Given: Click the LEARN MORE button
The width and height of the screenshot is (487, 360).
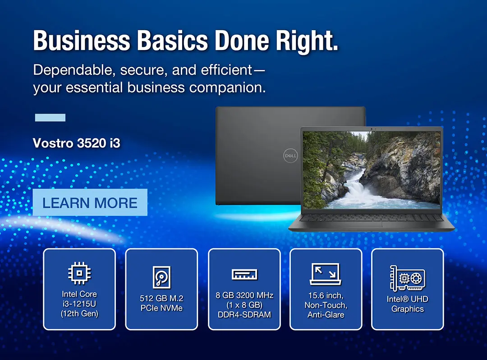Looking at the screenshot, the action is pyautogui.click(x=90, y=202).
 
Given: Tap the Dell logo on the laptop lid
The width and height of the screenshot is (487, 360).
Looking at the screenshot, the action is pyautogui.click(x=290, y=155).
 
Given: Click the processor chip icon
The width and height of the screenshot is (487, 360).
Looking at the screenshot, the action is pyautogui.click(x=79, y=273).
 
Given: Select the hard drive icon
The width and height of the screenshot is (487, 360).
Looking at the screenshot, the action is pyautogui.click(x=161, y=277).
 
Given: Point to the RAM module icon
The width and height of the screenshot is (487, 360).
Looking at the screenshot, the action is pyautogui.click(x=244, y=274).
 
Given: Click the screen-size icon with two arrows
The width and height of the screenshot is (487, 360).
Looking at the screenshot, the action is pyautogui.click(x=326, y=274).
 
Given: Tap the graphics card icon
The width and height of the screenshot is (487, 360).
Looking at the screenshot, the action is pyautogui.click(x=408, y=278).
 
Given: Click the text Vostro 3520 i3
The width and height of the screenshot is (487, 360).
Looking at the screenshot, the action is pyautogui.click(x=76, y=143).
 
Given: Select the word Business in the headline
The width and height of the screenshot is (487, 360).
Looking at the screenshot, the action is pyautogui.click(x=82, y=41).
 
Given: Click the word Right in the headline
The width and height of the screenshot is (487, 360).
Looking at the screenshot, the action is pyautogui.click(x=307, y=41).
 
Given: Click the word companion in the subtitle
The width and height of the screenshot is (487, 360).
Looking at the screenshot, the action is pyautogui.click(x=228, y=88).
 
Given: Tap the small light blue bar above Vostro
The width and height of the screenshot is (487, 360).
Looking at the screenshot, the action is pyautogui.click(x=51, y=118).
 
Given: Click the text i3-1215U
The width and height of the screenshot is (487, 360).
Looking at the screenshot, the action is pyautogui.click(x=79, y=304).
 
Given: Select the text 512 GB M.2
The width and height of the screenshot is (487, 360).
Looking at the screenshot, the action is pyautogui.click(x=161, y=298).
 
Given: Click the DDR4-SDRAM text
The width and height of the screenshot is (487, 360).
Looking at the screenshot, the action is pyautogui.click(x=244, y=314).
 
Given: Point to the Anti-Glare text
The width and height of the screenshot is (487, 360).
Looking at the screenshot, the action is pyautogui.click(x=326, y=314).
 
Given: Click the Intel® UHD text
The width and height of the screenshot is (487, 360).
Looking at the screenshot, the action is pyautogui.click(x=408, y=299).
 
